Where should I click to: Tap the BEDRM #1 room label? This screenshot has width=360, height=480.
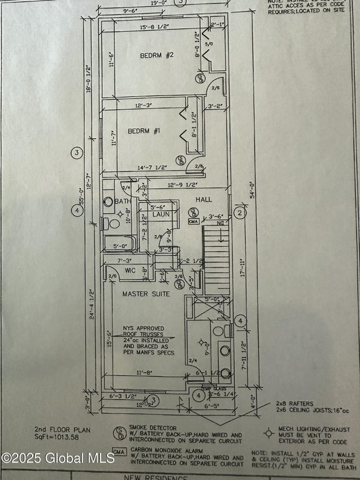143,131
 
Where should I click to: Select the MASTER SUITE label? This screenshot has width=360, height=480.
145,293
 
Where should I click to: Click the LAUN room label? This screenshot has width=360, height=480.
162,214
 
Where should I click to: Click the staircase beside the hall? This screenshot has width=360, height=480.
216,257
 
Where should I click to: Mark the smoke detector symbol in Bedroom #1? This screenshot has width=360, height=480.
179,160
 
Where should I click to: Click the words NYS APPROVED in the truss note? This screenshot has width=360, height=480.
142,327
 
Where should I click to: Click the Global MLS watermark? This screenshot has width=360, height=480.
57,457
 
